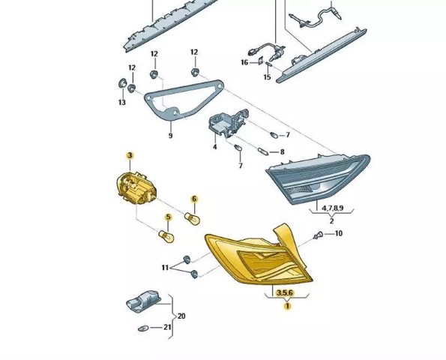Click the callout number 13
point(122,102)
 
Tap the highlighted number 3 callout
point(130,155)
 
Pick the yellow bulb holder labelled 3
point(137,187)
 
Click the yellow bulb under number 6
point(193,218)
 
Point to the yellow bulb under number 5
point(166,236)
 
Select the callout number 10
point(338,234)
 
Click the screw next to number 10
point(318,235)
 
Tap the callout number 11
point(165,268)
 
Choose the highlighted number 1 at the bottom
point(288,306)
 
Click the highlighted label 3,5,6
point(285,292)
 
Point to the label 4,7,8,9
point(333,208)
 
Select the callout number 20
point(181,316)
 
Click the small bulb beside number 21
point(143,328)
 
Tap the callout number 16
point(244,62)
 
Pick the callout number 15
point(267,77)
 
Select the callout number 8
point(282,152)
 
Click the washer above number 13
point(122,82)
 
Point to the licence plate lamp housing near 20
point(144,301)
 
